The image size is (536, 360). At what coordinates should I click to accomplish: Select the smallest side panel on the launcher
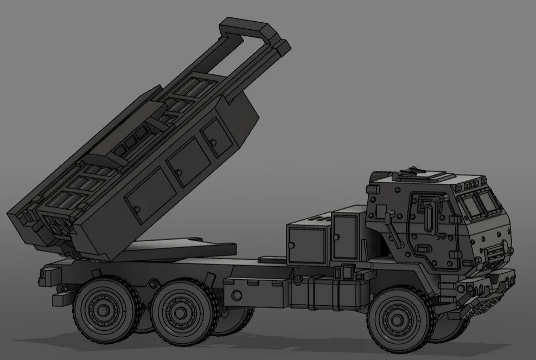point(216,136)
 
